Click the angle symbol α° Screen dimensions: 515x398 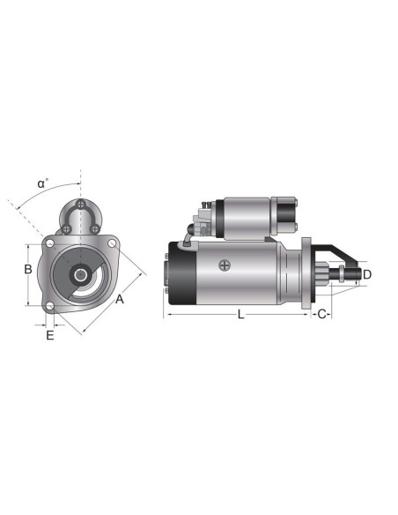pos(43,183)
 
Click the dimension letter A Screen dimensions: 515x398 pos(120,299)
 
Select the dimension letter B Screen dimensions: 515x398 pos(28,268)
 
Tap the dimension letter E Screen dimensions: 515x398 pos(50,335)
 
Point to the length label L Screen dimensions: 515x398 pos(240,314)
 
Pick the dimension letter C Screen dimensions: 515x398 pos(322,314)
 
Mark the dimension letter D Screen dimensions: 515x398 pos(367,274)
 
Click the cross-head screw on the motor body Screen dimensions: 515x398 pos(227,265)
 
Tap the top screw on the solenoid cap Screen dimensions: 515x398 pos(80,205)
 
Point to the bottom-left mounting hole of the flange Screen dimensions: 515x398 pos(50,307)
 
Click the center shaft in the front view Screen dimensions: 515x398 pos(80,274)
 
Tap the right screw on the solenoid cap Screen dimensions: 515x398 pos(94,229)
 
